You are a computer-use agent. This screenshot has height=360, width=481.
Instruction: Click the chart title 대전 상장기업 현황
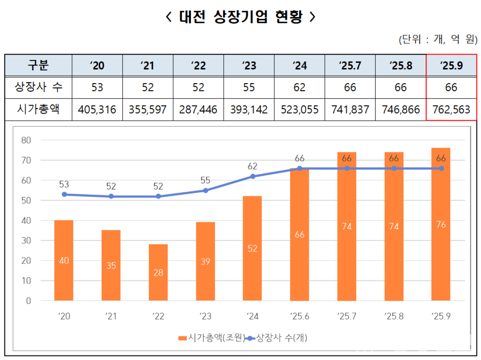[241, 17]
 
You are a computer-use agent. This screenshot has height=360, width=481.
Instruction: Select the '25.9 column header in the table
[451, 65]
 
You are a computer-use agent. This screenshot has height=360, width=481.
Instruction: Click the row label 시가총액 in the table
[38, 109]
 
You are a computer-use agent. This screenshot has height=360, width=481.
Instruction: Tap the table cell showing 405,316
[97, 109]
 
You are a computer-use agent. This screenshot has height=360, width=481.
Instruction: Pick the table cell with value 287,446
[198, 109]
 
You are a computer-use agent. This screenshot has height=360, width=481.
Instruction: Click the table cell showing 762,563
[451, 109]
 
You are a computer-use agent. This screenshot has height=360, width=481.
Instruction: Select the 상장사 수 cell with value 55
[249, 88]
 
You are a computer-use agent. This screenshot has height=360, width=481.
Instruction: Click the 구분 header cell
[38, 65]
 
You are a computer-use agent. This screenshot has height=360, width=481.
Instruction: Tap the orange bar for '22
[158, 273]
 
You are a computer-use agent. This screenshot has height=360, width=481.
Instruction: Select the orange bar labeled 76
[441, 224]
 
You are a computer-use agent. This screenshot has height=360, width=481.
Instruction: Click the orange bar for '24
[253, 248]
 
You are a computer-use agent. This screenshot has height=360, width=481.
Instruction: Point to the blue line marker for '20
[64, 194]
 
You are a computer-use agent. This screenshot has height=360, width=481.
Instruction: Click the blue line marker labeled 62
[253, 176]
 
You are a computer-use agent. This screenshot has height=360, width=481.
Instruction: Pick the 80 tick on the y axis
[27, 140]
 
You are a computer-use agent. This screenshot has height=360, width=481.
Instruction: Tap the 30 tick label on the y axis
[27, 241]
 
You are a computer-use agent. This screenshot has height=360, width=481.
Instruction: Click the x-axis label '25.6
[300, 316]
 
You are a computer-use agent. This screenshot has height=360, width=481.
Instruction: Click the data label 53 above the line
[64, 184]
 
